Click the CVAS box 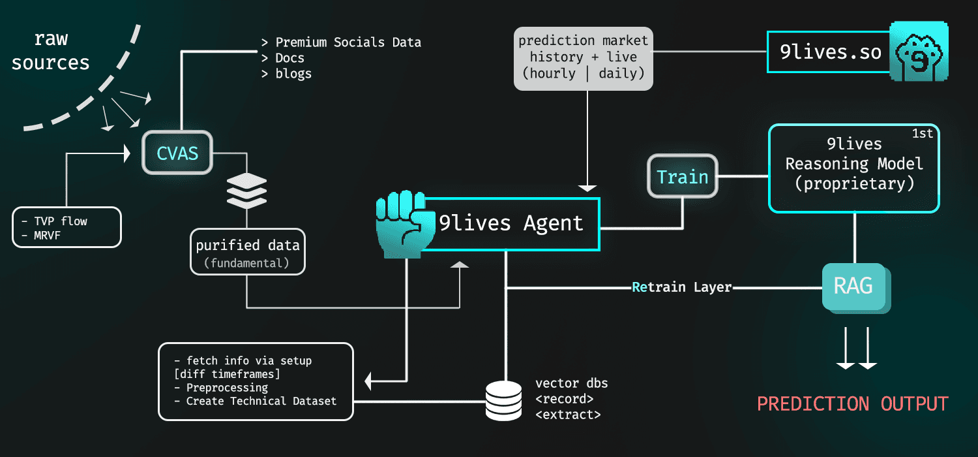tap(177, 154)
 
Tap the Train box tap(682, 176)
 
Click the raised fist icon tap(399, 223)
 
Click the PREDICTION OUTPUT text tap(852, 403)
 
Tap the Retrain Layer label tap(682, 287)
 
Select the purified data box tap(248, 251)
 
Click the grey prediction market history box tap(583, 57)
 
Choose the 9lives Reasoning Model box tap(853, 168)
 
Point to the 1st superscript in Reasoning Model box tap(923, 134)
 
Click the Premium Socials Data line tap(342, 42)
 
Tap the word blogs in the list tap(293, 73)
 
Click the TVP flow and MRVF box tap(67, 227)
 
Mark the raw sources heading tap(50, 51)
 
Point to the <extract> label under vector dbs tap(568, 414)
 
